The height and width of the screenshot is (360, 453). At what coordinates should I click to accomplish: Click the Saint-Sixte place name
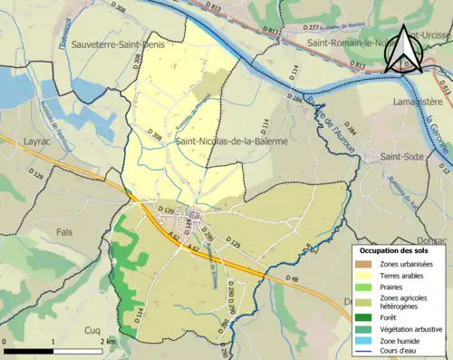click(x=404, y=157)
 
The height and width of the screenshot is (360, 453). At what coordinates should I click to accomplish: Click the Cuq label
click(x=93, y=331)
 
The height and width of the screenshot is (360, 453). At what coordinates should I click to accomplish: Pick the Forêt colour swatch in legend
click(x=364, y=316)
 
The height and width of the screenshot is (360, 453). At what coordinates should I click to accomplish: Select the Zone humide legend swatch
click(x=364, y=342)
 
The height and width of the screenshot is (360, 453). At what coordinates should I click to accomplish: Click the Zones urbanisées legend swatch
click(x=364, y=263)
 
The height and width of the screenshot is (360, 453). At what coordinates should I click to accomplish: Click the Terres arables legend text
click(x=404, y=277)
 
